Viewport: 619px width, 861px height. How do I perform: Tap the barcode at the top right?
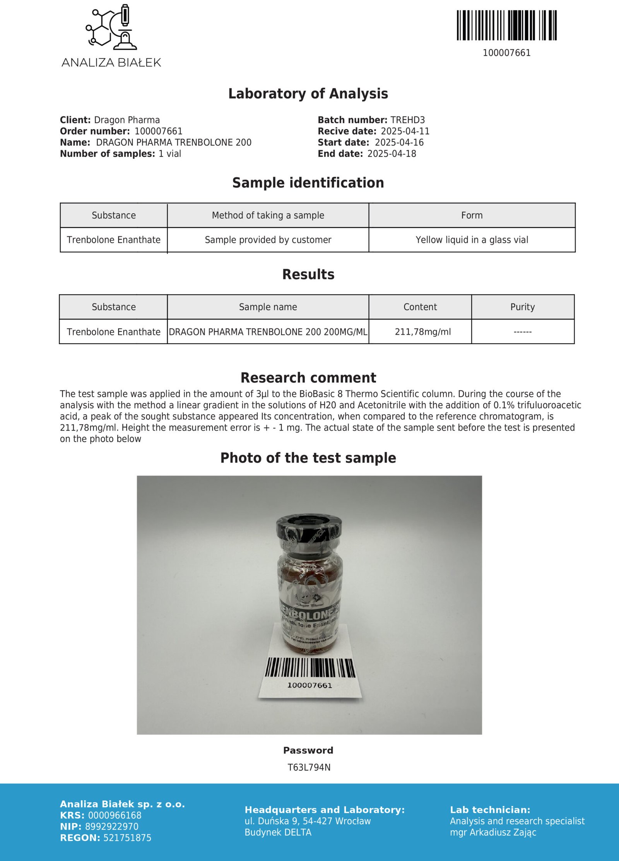click(x=506, y=25)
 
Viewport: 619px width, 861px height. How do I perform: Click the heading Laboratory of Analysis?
click(x=308, y=94)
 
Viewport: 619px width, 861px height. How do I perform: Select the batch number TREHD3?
click(x=407, y=120)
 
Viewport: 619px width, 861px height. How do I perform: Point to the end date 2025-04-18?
click(x=392, y=154)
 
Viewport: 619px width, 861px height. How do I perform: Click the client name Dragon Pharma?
click(x=127, y=120)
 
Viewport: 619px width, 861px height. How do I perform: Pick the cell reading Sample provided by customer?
click(x=268, y=240)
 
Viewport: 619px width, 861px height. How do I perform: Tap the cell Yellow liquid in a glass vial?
click(x=472, y=240)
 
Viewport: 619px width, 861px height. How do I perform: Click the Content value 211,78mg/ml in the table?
click(x=422, y=332)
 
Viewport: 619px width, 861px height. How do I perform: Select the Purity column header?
click(x=522, y=307)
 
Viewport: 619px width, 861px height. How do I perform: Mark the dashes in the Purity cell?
click(x=522, y=332)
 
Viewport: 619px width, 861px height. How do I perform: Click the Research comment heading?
click(x=308, y=378)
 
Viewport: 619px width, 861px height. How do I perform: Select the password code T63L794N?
click(x=309, y=767)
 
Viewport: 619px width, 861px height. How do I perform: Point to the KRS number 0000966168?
click(x=115, y=815)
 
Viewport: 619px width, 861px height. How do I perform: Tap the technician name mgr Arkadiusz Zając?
click(x=493, y=832)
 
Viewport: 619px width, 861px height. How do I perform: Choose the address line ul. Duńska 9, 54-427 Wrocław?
click(x=308, y=821)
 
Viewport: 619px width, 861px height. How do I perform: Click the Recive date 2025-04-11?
click(x=405, y=131)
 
